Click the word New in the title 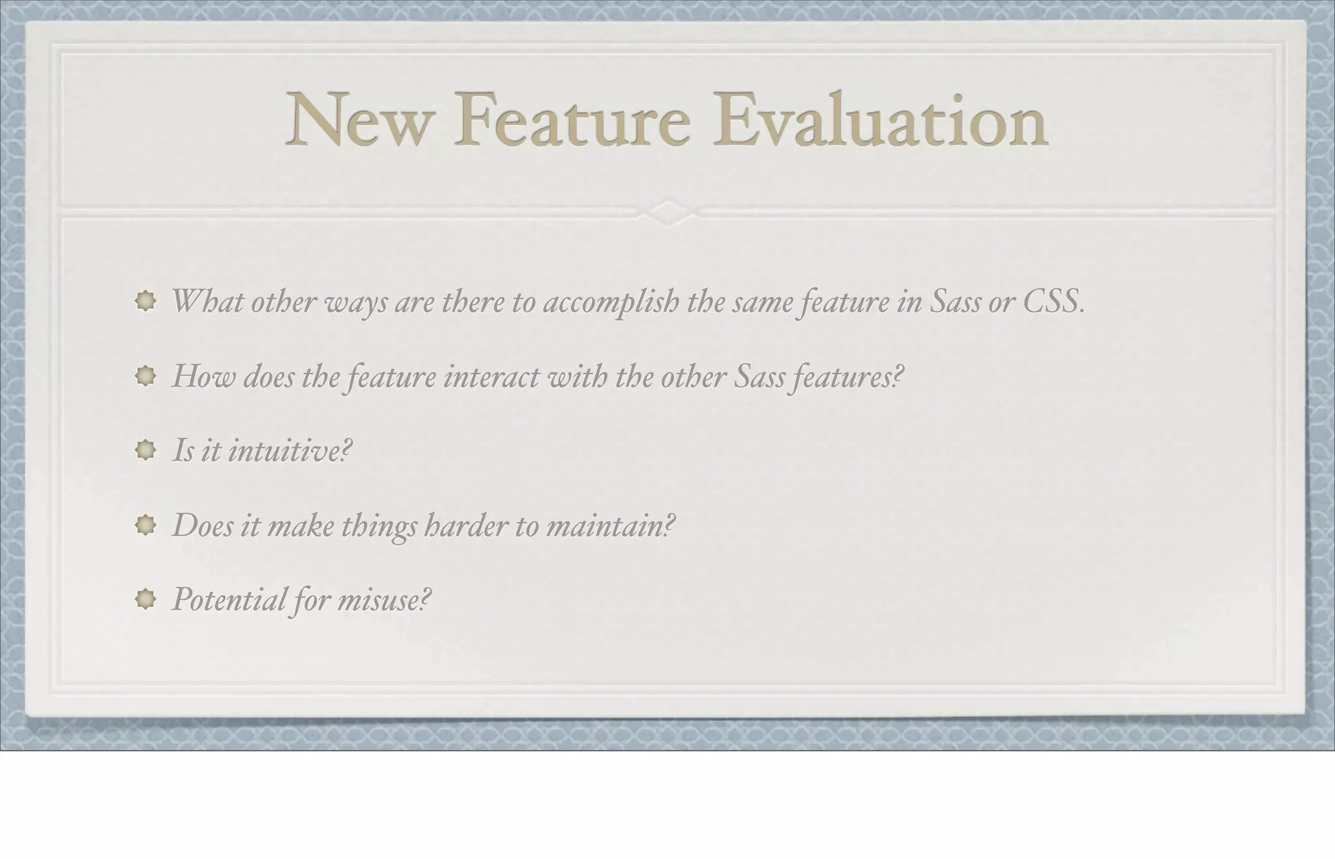point(359,121)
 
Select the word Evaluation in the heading point(880,121)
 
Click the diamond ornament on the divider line point(667,212)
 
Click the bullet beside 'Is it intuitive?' point(145,450)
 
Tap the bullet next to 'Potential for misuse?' point(145,599)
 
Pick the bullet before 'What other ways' point(145,300)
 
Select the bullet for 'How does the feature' point(145,375)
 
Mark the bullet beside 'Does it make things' point(145,525)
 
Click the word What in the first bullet point(207,301)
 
